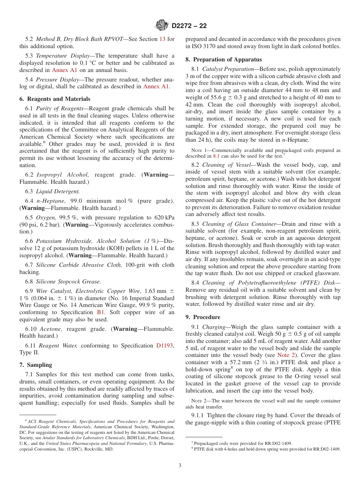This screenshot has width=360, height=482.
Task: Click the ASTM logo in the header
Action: (x=162, y=26)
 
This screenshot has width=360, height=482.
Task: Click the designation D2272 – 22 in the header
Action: (x=189, y=26)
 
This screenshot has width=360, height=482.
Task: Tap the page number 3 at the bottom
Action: (x=180, y=466)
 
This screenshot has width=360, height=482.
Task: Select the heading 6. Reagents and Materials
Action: (x=55, y=99)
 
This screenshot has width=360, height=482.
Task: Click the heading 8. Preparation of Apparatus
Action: (x=223, y=59)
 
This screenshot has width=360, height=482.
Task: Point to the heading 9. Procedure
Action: (x=203, y=317)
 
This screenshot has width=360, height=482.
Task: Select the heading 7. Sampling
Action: (x=36, y=365)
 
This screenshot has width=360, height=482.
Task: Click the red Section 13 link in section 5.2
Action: (x=162, y=39)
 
